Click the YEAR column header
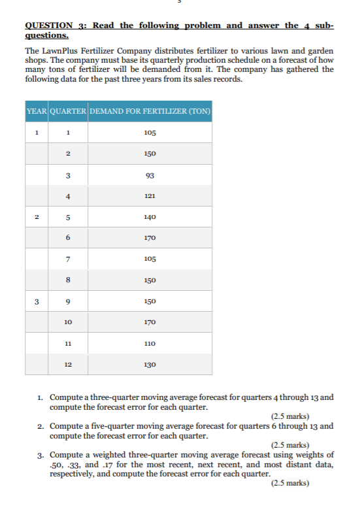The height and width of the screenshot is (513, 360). coord(37,111)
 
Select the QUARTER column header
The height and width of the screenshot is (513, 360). coord(68,111)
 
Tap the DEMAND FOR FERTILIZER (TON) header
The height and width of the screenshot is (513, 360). coord(150,111)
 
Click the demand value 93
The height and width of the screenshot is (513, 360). coord(150,174)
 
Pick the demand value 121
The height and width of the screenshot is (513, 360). coord(150,195)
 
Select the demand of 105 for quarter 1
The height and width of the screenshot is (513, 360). coord(150,133)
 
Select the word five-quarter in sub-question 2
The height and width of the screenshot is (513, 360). coord(110,426)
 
